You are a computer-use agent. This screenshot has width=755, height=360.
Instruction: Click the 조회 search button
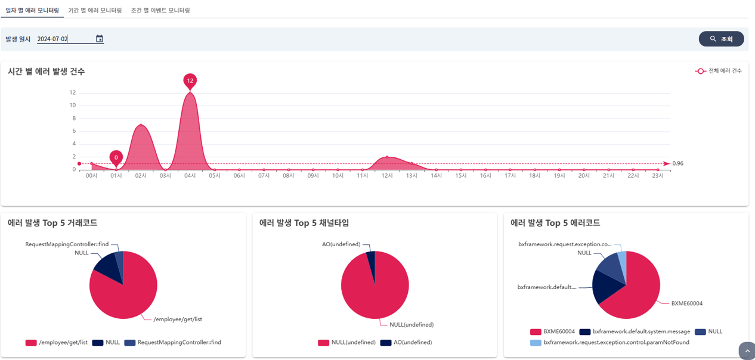(721, 39)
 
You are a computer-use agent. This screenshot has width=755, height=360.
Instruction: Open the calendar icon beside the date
(100, 39)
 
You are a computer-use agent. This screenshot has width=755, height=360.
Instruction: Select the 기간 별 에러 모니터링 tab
(95, 10)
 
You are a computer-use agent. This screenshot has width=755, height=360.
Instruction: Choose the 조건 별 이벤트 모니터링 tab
(160, 10)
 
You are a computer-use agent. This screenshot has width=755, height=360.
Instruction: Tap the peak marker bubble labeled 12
(190, 80)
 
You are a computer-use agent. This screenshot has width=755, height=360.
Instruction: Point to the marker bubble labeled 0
(116, 157)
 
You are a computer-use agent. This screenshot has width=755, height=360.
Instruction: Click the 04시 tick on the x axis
(190, 176)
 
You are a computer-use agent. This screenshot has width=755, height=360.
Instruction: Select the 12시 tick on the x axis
(387, 176)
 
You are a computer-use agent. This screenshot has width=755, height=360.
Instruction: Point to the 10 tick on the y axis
(73, 105)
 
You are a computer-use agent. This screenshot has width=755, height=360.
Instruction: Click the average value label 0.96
(678, 163)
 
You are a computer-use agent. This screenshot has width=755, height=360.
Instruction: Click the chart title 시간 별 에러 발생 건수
(47, 72)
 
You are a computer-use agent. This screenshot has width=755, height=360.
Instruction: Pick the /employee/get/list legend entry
(57, 343)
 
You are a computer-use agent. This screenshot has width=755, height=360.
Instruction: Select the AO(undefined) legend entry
(406, 343)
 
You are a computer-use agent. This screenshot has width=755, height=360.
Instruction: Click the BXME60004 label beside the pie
(687, 303)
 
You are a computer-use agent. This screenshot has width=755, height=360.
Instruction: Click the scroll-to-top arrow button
(746, 351)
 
